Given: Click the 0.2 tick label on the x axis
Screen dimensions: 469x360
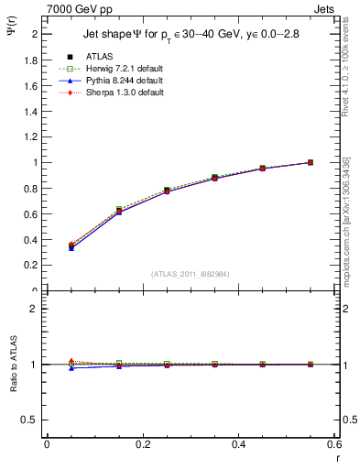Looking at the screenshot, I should [142, 444].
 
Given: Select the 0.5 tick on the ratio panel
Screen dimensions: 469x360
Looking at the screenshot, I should [31, 420].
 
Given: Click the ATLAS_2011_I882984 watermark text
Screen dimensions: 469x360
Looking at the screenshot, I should [191, 273].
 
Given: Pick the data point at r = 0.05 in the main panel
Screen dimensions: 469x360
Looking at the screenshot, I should [71, 245].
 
